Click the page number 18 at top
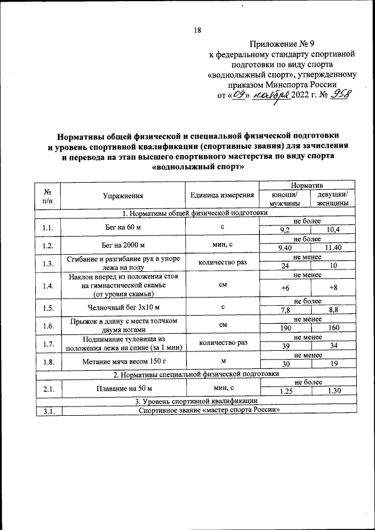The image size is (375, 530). point(197,31)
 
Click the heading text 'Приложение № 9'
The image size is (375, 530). point(282,44)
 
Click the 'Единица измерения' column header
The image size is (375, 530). point(222,196)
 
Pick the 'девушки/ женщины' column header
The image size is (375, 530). point(332,199)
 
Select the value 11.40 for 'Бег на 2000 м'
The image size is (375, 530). point(332,248)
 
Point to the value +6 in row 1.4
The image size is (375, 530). point(285,288)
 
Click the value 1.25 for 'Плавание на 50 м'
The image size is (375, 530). point(285,391)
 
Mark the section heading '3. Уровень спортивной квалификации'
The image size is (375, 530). point(196,400)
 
